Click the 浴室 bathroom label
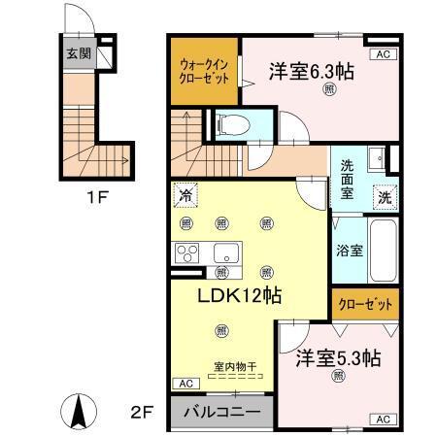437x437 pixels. coord(351,250)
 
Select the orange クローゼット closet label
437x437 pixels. coord(365,304)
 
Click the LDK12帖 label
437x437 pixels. coord(240,296)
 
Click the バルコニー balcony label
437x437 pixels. coord(221,412)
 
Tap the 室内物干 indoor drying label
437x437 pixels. coord(235,367)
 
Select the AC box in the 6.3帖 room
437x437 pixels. coord(382,55)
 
